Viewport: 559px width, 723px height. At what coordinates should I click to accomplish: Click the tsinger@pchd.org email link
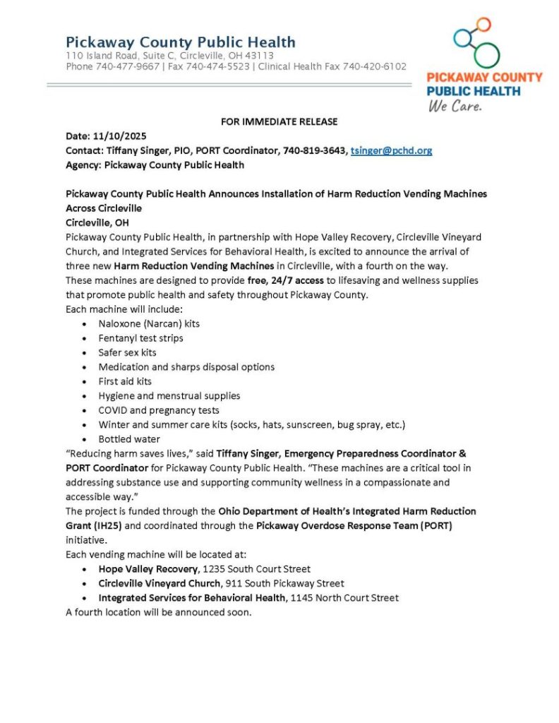[x=391, y=150]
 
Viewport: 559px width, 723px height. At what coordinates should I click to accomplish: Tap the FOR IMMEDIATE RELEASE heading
[x=279, y=121]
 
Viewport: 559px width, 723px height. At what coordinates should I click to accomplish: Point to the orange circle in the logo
[x=483, y=25]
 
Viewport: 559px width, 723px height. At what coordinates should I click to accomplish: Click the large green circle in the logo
[x=486, y=54]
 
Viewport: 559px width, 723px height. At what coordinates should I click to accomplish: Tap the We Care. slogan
[x=455, y=107]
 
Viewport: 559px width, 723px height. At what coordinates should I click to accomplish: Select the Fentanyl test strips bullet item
[x=140, y=338]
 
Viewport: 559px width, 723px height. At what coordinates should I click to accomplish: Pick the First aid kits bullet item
[x=125, y=381]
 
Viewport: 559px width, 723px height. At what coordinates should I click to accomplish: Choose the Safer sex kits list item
[x=128, y=352]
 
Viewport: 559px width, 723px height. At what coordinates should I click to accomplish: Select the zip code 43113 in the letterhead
[x=259, y=55]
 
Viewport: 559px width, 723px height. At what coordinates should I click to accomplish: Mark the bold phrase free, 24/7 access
[x=287, y=280]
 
